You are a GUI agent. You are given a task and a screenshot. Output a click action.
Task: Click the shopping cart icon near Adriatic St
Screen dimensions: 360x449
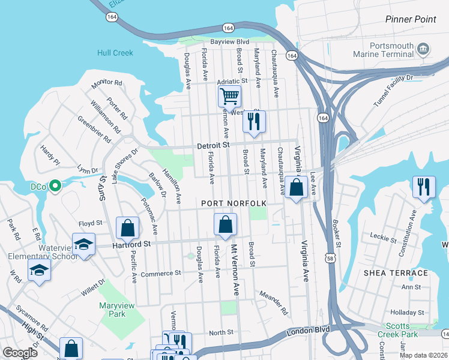click(229, 95)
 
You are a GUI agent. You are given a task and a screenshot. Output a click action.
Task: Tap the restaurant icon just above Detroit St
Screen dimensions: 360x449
click(253, 122)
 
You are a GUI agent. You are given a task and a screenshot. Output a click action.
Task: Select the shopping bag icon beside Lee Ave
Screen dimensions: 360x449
click(296, 187)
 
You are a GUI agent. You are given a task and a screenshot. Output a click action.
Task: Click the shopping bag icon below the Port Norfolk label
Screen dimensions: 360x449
click(225, 226)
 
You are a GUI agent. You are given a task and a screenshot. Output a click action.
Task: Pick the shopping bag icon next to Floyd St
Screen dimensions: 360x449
click(127, 228)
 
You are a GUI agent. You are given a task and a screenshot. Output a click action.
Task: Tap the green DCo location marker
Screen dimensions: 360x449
click(55, 187)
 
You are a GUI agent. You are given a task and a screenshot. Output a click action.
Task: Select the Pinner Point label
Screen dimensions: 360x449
click(411, 19)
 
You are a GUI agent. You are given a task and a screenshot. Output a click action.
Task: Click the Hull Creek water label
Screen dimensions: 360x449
click(115, 53)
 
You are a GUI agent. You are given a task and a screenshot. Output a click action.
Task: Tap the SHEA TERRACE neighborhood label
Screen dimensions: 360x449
click(396, 273)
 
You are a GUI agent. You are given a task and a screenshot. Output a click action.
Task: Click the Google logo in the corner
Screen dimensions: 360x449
click(20, 353)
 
